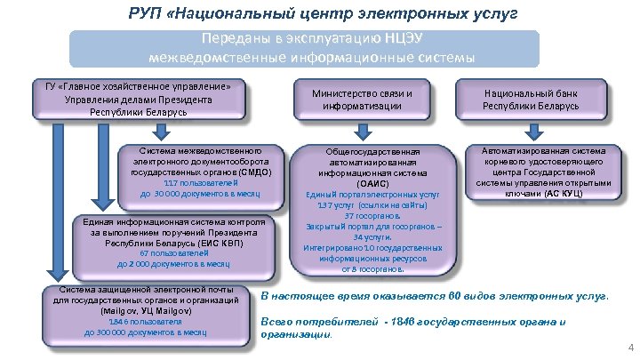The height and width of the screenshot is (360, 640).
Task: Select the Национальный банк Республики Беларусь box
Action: [531, 99]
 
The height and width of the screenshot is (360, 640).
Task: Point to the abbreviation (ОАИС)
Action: [372, 183]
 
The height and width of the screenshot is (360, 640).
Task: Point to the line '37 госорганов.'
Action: [372, 216]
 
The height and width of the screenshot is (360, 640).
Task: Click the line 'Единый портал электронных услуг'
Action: [372, 194]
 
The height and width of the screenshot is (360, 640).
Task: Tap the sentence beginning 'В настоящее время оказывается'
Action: [434, 296]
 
